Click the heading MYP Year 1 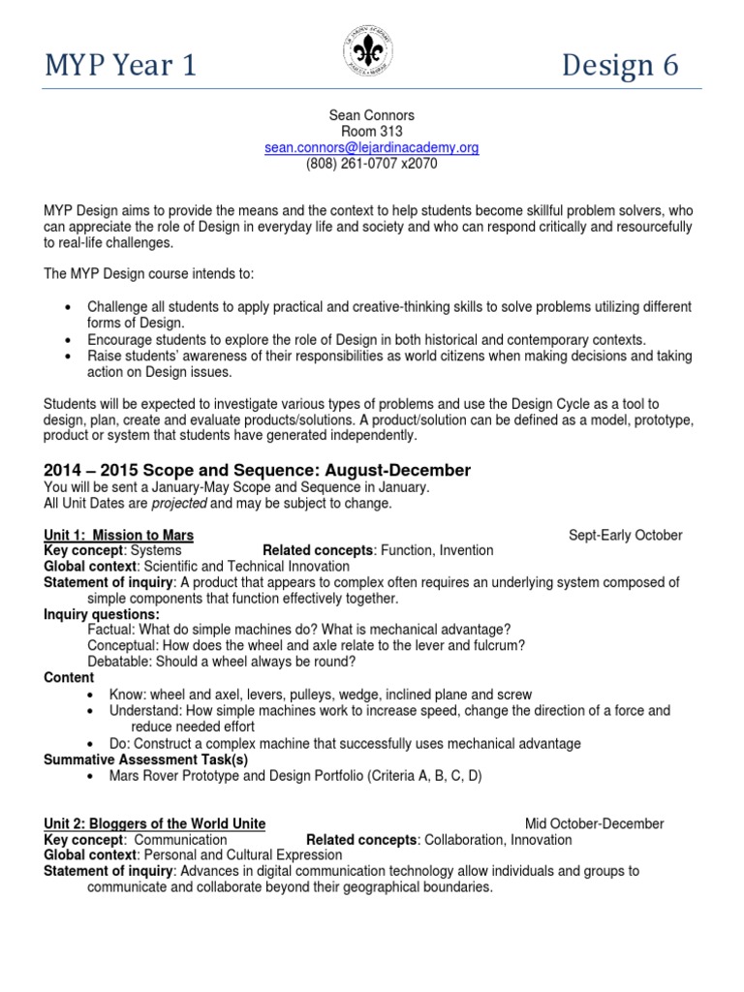coord(121,65)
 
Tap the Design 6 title coord(620,65)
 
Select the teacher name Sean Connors coord(372,115)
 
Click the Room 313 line coord(372,132)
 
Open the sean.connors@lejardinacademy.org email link coord(372,148)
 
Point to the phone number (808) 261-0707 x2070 coord(372,164)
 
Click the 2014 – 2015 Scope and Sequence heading coord(258,470)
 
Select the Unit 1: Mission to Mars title coord(119,535)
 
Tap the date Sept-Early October coord(625,535)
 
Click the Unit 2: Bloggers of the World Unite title coord(155,823)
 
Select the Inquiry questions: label coord(103,614)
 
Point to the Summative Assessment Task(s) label coord(146,759)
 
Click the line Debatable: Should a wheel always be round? coord(221,663)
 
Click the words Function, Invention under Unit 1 coord(437,550)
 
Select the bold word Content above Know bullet coord(70,678)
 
